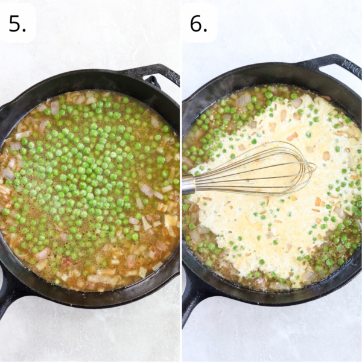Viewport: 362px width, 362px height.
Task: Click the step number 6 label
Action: tap(195, 23)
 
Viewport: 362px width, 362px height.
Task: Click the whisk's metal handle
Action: tap(189, 184)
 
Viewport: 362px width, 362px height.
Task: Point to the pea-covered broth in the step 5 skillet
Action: tap(91, 181)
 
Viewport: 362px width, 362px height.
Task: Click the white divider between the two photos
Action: tap(181, 181)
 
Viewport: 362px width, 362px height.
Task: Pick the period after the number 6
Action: tap(206, 30)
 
